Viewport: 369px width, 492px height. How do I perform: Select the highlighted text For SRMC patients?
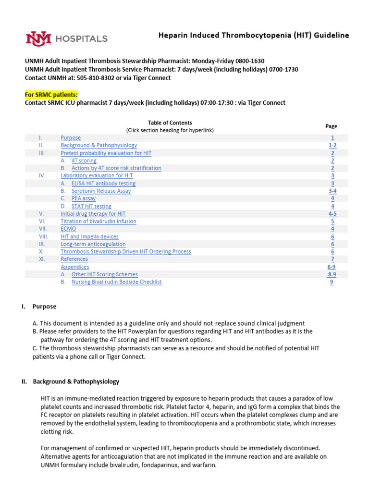pos(51,95)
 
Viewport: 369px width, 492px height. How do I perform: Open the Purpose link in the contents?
pos(71,138)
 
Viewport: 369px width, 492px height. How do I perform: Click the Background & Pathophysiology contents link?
pos(98,145)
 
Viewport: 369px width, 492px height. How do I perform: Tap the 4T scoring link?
pos(84,160)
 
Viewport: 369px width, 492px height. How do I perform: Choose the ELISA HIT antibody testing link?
pos(103,184)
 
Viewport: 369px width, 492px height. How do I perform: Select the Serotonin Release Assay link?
pos(101,191)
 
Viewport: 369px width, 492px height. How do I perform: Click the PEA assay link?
pos(83,198)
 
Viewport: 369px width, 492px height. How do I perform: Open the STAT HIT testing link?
pos(91,206)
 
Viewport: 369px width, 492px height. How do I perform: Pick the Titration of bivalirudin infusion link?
pos(98,221)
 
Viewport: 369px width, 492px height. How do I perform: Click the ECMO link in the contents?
pos(68,229)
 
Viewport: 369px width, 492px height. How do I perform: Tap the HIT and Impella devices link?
pos(89,237)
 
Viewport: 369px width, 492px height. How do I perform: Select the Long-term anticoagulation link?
pos(93,244)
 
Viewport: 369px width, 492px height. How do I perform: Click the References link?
pos(74,259)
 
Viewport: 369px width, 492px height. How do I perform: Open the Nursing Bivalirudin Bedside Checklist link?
pos(116,282)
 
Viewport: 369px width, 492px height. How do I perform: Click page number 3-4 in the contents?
pos(332,191)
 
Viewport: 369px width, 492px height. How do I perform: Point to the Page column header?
pos(331,126)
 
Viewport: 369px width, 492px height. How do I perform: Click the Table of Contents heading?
pos(170,123)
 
